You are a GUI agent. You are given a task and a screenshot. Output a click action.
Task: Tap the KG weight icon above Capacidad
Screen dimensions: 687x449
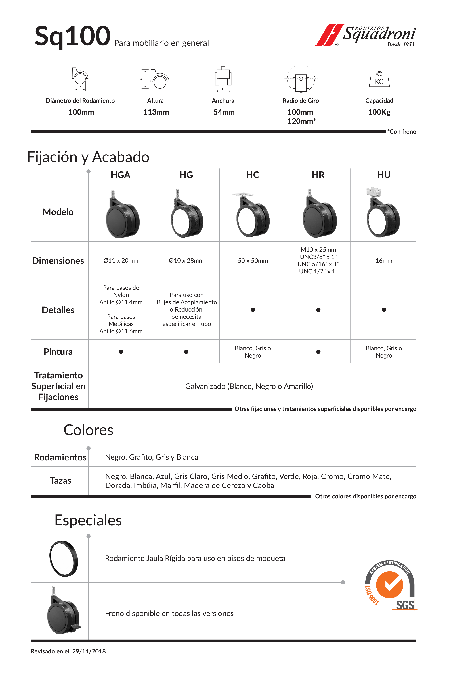pyautogui.click(x=379, y=79)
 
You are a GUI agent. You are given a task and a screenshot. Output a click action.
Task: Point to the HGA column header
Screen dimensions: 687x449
pyautogui.click(x=121, y=175)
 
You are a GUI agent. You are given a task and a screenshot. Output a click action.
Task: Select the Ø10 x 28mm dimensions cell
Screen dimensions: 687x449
pyautogui.click(x=186, y=260)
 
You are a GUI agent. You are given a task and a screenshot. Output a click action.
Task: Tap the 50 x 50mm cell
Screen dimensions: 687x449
pyautogui.click(x=253, y=261)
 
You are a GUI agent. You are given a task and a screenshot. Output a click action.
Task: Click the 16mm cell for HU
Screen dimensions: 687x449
pyautogui.click(x=383, y=261)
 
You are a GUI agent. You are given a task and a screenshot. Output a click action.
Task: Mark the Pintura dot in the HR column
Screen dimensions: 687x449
pyautogui.click(x=318, y=352)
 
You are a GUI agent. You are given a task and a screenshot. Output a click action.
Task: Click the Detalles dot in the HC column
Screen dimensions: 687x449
pyautogui.click(x=253, y=310)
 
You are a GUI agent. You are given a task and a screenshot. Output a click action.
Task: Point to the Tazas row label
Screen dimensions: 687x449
pyautogui.click(x=60, y=481)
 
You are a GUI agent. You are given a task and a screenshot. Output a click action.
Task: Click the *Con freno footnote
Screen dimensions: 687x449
pyautogui.click(x=402, y=132)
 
